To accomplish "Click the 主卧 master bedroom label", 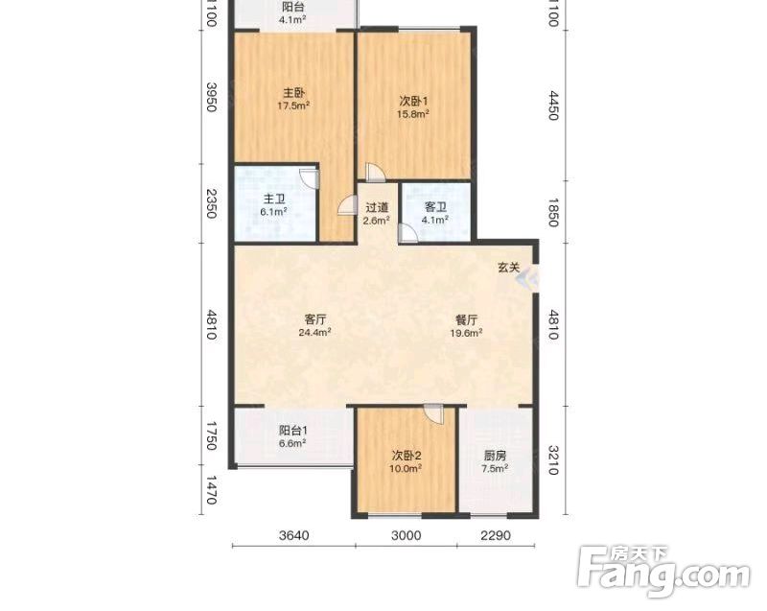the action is click(x=294, y=92).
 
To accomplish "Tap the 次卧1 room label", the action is click(x=413, y=102).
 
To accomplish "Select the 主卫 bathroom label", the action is click(x=274, y=200).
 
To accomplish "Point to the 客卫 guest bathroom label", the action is click(x=435, y=207).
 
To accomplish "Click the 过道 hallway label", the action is click(x=377, y=207).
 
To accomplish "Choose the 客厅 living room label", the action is click(x=315, y=319).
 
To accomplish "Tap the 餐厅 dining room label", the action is click(x=466, y=319).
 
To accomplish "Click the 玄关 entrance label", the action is click(x=508, y=268).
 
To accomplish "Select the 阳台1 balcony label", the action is click(x=292, y=430).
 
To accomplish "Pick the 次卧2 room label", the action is click(x=406, y=456).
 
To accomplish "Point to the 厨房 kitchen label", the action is click(x=495, y=456).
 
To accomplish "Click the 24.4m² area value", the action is click(x=315, y=333).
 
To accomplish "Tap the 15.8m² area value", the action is click(x=413, y=114).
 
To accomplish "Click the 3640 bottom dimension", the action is click(x=294, y=535).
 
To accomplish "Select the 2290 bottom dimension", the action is click(x=496, y=535).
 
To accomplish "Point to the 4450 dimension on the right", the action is click(x=553, y=106).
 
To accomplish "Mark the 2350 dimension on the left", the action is click(x=211, y=203).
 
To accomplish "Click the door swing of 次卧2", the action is click(x=434, y=413).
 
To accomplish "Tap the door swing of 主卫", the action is click(x=310, y=178).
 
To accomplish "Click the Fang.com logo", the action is click(x=663, y=571).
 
